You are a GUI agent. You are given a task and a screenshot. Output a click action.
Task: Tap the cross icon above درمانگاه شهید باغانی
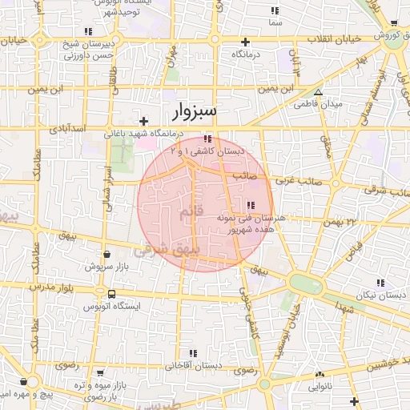click(x=143, y=122)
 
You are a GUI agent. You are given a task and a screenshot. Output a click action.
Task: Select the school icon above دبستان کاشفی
click(x=208, y=139)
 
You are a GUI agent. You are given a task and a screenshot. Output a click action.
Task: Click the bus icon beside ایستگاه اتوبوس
click(x=111, y=294)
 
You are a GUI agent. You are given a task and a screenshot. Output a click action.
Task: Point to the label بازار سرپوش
click(x=107, y=265)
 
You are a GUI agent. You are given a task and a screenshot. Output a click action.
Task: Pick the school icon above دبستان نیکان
click(x=380, y=283)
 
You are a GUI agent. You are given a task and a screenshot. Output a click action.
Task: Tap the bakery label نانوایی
click(x=323, y=386)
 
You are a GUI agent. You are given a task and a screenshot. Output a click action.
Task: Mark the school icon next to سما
click(x=275, y=11)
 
